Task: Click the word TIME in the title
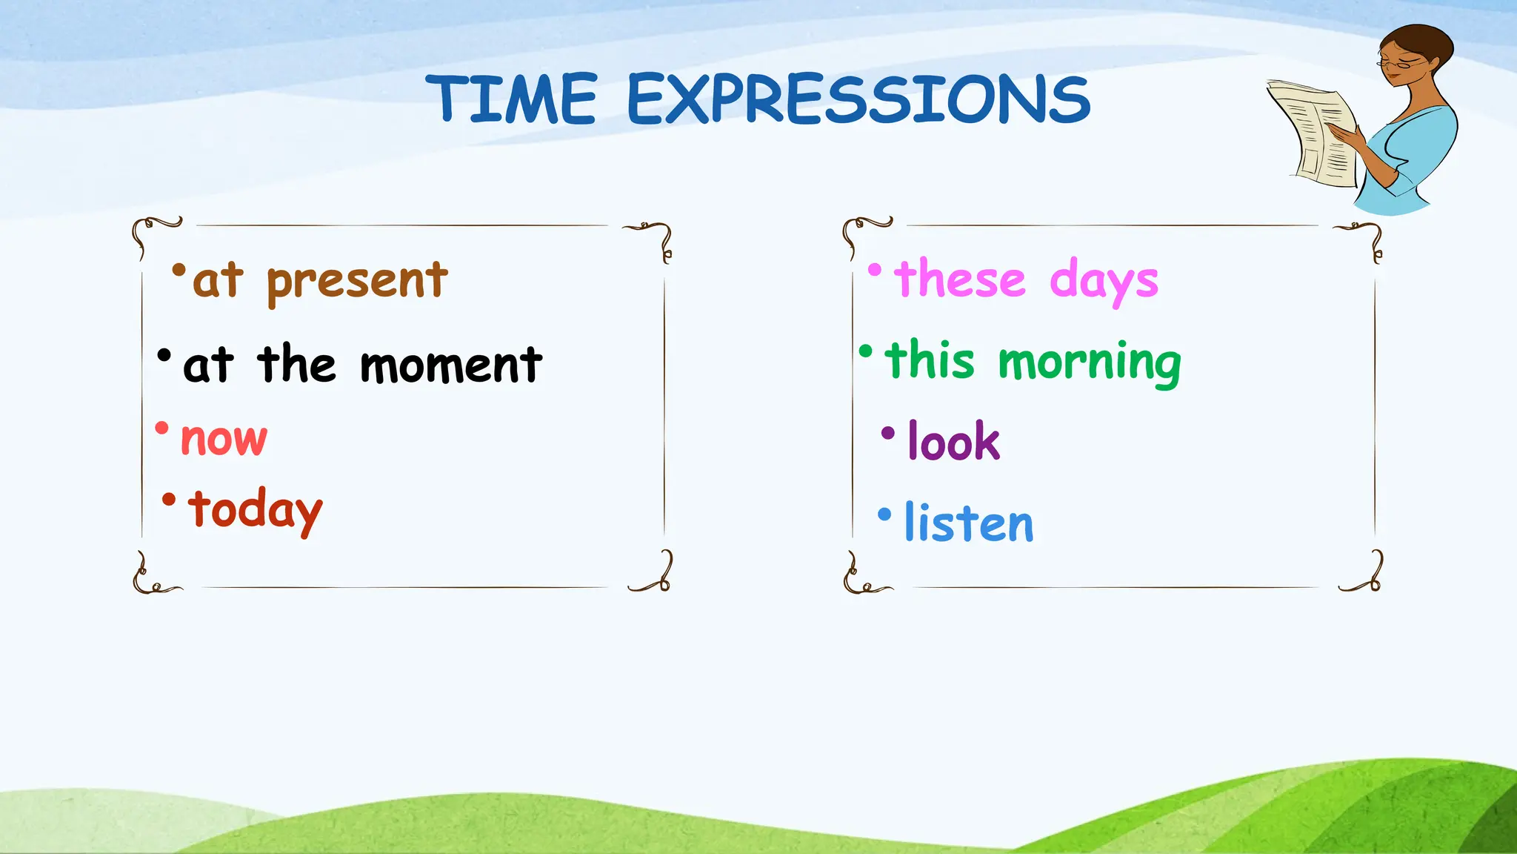511,99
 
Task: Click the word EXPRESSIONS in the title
858,99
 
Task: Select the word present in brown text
357,282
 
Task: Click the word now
224,439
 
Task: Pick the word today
255,510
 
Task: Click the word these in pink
960,279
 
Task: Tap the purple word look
954,442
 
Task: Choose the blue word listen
968,523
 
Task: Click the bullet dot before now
161,428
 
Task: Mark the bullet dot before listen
884,514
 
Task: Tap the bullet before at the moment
164,355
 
